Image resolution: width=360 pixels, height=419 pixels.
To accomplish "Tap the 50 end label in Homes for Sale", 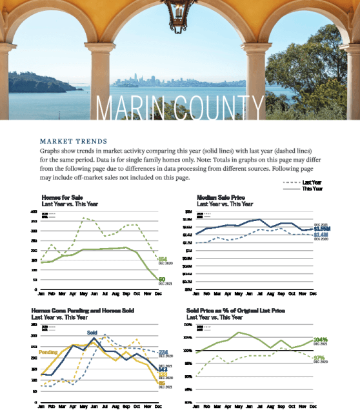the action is pyautogui.click(x=162, y=279).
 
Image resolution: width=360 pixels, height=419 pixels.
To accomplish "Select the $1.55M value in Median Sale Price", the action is pyautogui.click(x=322, y=228).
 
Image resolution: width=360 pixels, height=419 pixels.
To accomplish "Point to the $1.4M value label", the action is pyautogui.click(x=321, y=235).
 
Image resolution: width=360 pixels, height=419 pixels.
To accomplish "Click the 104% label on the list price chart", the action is pyautogui.click(x=319, y=339).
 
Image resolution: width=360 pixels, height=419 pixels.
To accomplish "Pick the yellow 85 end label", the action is pyautogui.click(x=162, y=384).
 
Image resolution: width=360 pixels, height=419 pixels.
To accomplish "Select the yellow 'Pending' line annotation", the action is pyautogui.click(x=48, y=353).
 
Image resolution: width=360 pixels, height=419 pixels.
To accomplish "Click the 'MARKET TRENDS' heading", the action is pyautogui.click(x=73, y=141).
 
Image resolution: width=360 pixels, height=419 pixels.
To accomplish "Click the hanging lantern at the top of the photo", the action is pyautogui.click(x=176, y=14).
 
